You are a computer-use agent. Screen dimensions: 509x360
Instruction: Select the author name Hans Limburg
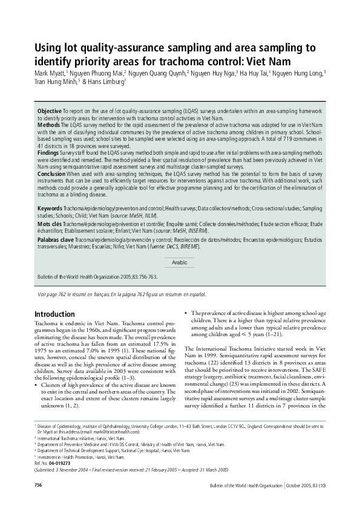(106, 82)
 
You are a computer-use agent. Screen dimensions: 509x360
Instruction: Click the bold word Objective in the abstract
(50, 112)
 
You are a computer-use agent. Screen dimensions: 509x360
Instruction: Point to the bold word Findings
(49, 154)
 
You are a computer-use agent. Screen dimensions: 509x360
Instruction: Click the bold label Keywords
(50, 208)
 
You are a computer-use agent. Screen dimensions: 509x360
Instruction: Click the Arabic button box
(180, 262)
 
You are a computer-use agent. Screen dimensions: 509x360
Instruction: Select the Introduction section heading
(54, 314)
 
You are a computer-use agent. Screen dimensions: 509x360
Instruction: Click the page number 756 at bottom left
(38, 485)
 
